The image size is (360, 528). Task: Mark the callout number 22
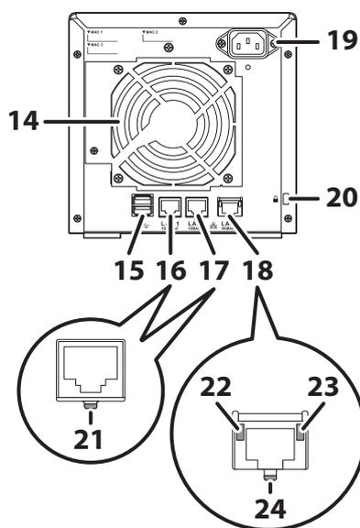[218, 389]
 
